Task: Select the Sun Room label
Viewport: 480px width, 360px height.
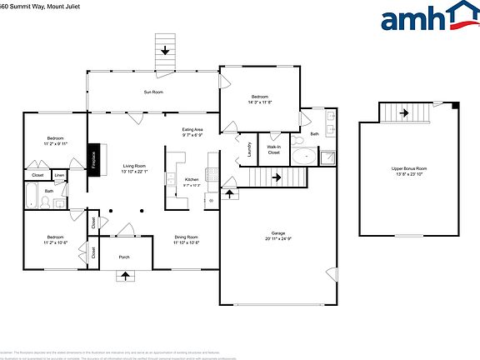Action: (x=152, y=92)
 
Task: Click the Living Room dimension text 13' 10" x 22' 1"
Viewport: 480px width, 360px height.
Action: (x=134, y=172)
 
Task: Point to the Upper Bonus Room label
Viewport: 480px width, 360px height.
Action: (x=409, y=168)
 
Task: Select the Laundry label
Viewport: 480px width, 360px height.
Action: (x=251, y=150)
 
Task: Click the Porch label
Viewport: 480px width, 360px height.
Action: (x=124, y=257)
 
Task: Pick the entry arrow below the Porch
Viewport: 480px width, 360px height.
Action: (x=125, y=276)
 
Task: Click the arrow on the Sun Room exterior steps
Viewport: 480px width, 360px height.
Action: (x=165, y=51)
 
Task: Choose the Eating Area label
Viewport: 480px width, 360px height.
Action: (x=193, y=129)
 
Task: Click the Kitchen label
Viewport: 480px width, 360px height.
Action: (x=192, y=179)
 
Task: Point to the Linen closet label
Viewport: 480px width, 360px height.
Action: (x=59, y=175)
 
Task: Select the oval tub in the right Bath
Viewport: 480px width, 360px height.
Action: (x=307, y=156)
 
